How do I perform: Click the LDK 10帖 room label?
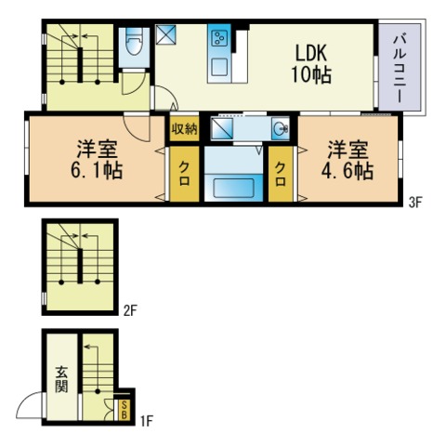click(x=311, y=64)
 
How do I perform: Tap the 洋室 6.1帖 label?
click(x=97, y=160)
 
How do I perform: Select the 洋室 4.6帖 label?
click(x=348, y=160)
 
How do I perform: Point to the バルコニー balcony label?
click(x=400, y=69)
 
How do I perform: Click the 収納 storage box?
click(x=185, y=128)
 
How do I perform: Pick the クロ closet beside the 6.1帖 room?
click(x=185, y=174)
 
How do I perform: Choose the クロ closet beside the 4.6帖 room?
click(x=281, y=174)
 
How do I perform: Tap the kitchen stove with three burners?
click(x=220, y=38)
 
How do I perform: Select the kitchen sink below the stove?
click(x=219, y=67)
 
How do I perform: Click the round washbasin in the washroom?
click(x=281, y=127)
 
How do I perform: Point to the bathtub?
click(x=234, y=188)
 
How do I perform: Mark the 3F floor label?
click(x=415, y=203)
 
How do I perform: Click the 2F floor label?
click(x=130, y=310)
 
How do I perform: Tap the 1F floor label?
click(x=147, y=421)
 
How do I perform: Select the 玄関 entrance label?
click(x=61, y=379)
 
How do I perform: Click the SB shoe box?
click(x=124, y=410)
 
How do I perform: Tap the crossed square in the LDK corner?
click(x=165, y=34)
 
